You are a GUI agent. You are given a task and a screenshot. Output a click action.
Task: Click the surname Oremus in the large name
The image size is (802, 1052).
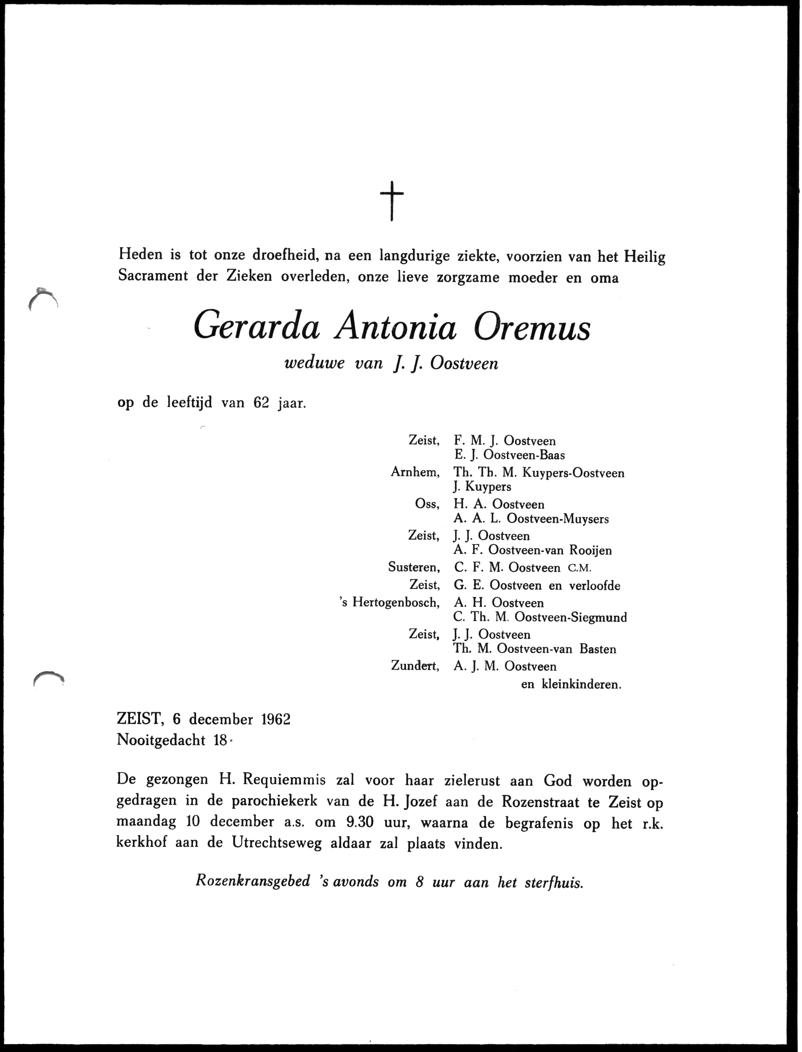[x=532, y=328]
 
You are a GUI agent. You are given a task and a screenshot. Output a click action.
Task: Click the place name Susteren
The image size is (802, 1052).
[x=413, y=568]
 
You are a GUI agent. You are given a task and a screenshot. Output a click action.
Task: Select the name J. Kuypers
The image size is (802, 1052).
[x=482, y=487]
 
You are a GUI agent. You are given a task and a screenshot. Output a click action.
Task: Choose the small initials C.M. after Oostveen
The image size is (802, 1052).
[x=580, y=568]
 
